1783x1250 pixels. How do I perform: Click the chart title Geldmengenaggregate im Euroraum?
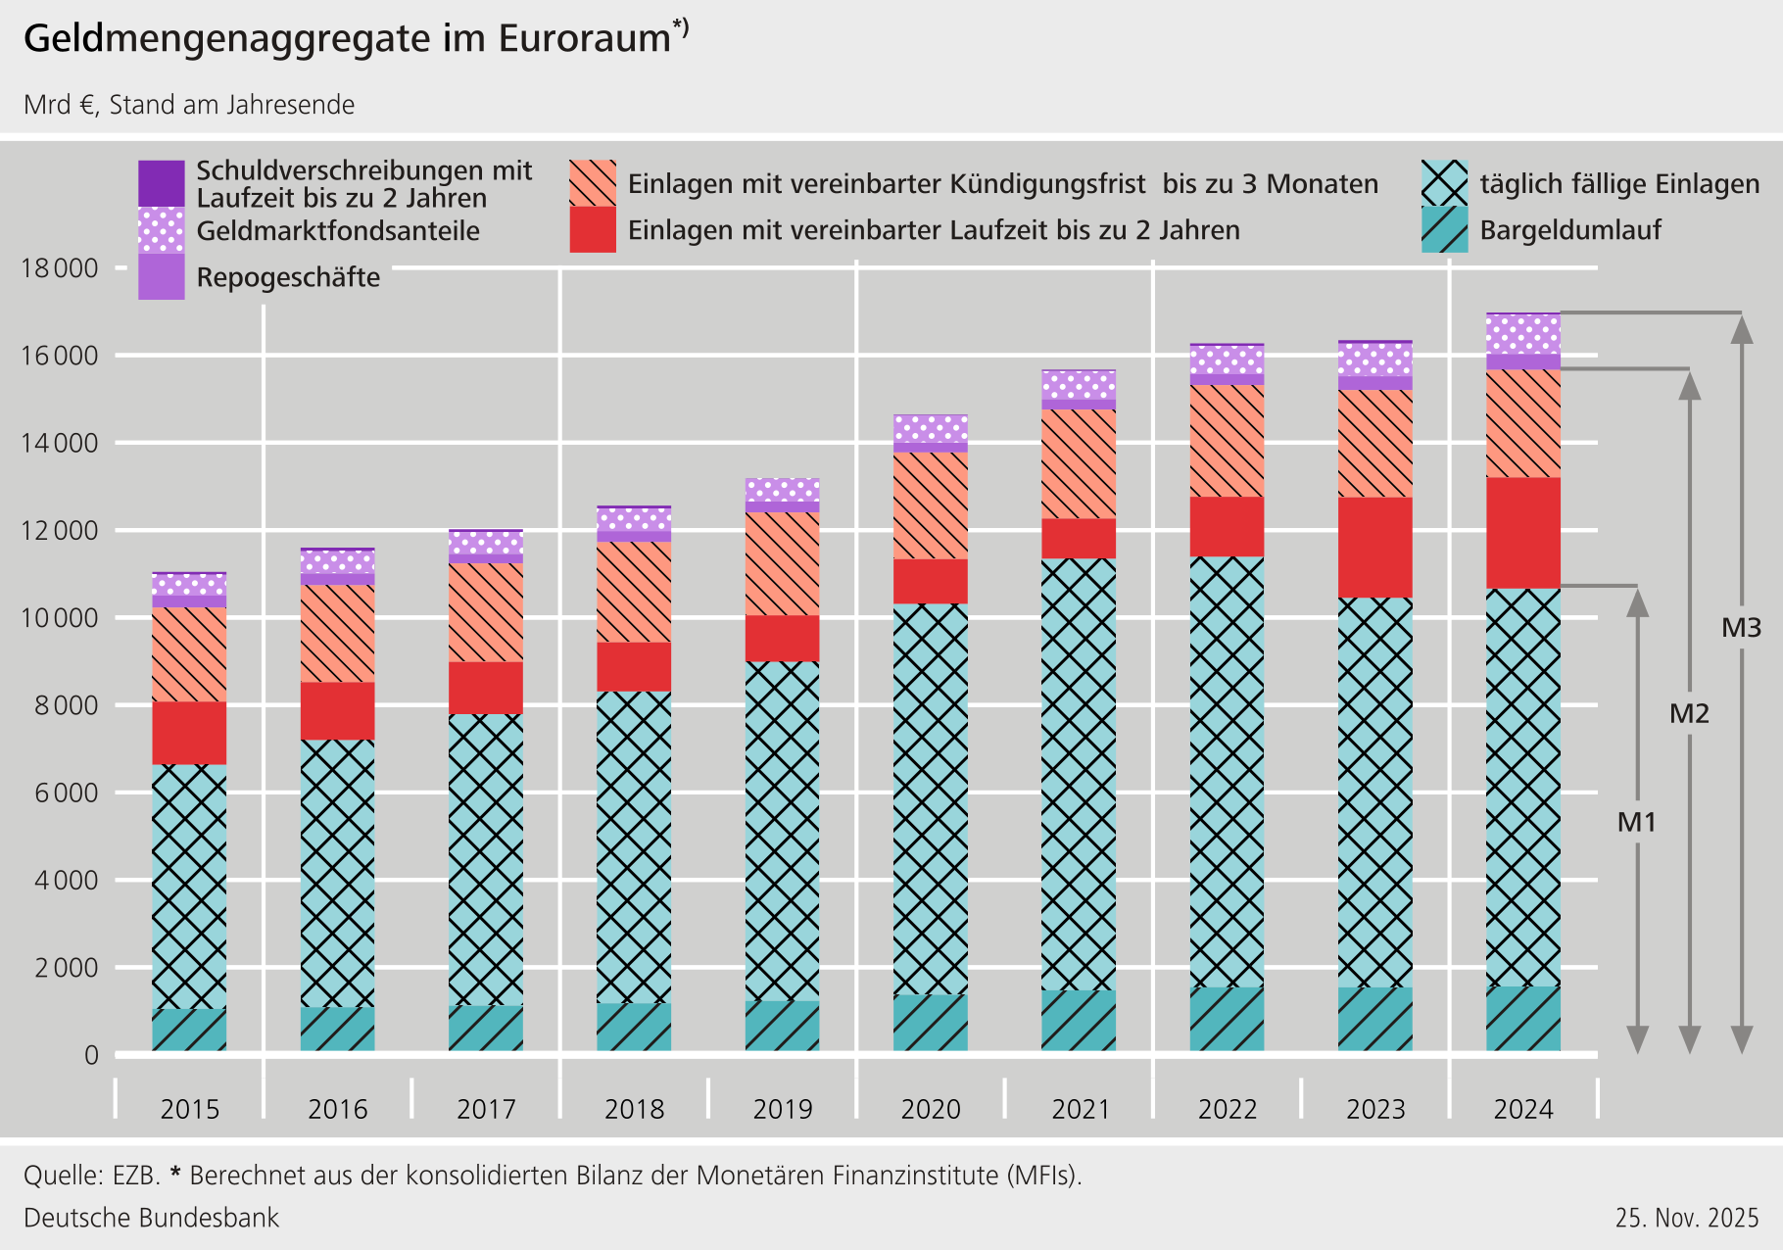click(x=348, y=39)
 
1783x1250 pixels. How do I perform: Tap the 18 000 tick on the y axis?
click(x=60, y=268)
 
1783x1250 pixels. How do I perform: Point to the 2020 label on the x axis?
click(x=931, y=1109)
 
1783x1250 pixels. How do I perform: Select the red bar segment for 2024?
click(x=1523, y=533)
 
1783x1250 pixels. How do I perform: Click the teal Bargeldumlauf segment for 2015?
click(x=189, y=1030)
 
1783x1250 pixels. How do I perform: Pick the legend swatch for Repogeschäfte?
click(x=162, y=277)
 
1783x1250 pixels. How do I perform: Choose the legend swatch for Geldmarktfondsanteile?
click(x=162, y=230)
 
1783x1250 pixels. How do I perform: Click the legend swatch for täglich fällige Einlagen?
click(x=1445, y=183)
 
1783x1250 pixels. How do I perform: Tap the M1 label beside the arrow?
click(x=1636, y=822)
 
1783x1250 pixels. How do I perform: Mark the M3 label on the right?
click(x=1741, y=628)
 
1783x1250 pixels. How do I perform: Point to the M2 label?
click(x=1689, y=713)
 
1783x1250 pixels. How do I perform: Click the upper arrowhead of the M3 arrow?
click(x=1741, y=331)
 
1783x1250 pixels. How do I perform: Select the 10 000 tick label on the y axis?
click(x=60, y=618)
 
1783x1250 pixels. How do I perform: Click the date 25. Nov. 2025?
click(x=1687, y=1218)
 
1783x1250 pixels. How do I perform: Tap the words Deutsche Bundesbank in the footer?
click(x=152, y=1218)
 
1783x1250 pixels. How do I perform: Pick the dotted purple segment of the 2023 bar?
click(x=1375, y=360)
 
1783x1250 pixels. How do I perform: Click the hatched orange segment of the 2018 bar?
click(x=634, y=592)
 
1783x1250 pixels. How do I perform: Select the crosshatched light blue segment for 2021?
click(x=1079, y=774)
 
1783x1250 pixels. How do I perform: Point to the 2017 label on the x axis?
click(x=486, y=1109)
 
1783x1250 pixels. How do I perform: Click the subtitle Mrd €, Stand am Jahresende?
click(x=189, y=105)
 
